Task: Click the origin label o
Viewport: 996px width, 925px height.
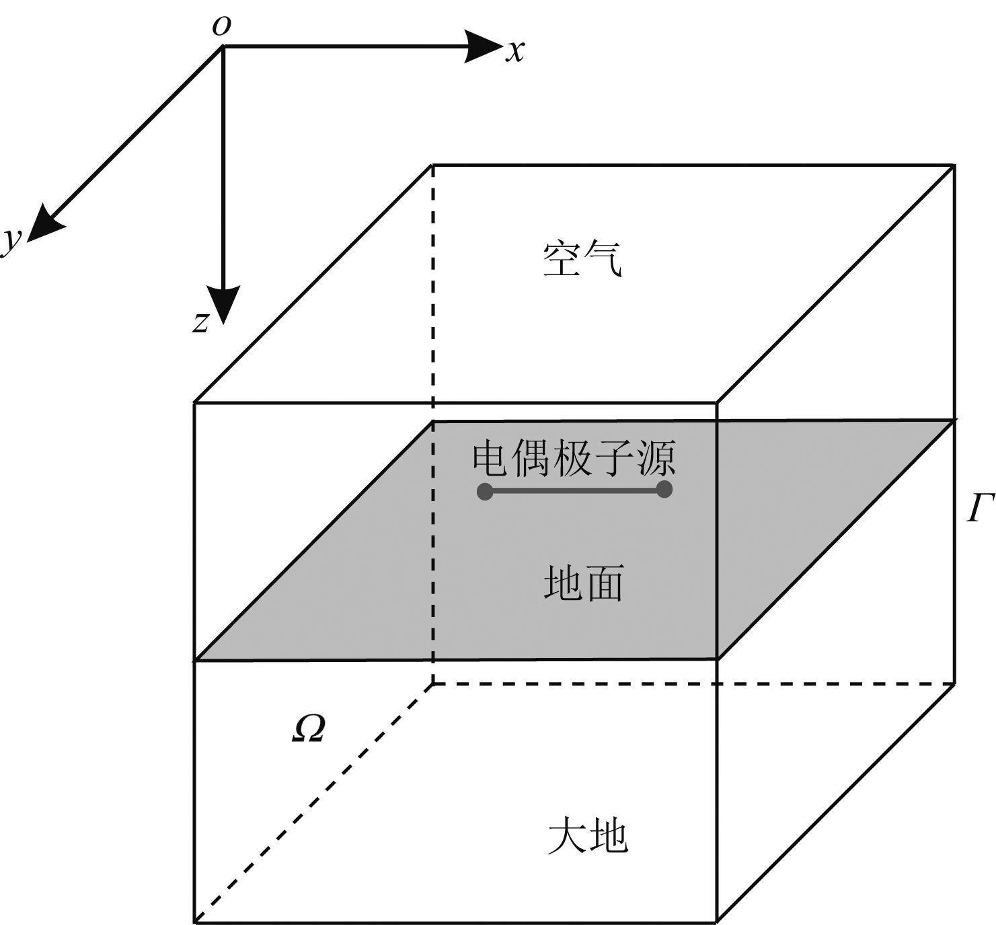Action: coord(221,26)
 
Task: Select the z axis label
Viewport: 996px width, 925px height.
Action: coord(200,322)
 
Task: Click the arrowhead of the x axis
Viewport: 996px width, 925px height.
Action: coord(484,46)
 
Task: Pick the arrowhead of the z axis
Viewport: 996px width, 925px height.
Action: coord(223,304)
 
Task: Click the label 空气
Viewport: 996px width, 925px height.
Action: coord(582,260)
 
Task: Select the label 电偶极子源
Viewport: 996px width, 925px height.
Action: coord(574,458)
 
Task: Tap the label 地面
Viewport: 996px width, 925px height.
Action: coord(583,582)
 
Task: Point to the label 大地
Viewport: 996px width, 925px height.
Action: coord(587,837)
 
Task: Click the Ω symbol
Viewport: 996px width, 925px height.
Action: coord(309,729)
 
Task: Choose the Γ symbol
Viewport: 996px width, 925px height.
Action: coord(981,509)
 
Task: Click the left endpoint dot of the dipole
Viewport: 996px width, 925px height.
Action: coord(485,491)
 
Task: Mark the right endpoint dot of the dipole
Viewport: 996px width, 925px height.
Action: coord(664,489)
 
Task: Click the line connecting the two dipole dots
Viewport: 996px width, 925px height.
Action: coord(574,491)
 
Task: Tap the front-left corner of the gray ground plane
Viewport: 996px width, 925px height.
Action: coord(196,659)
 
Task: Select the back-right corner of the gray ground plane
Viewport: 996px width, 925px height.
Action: coord(954,421)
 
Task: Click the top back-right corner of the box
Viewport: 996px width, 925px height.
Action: coord(954,164)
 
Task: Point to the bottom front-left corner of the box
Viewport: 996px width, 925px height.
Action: coord(195,921)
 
